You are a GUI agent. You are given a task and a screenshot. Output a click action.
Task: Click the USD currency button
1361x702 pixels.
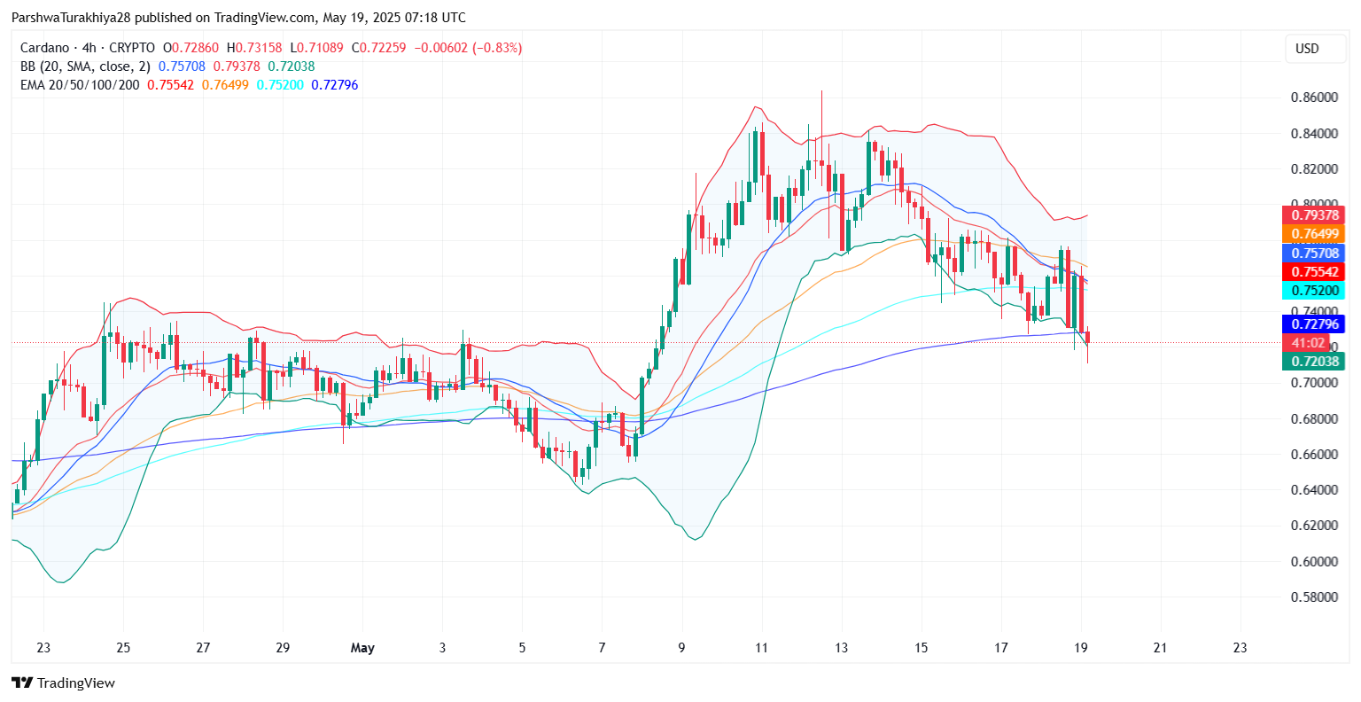pyautogui.click(x=1307, y=49)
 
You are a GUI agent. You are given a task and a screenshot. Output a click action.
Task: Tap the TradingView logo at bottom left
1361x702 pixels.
pyautogui.click(x=63, y=682)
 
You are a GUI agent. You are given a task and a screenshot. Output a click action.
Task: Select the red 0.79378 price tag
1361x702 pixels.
pyautogui.click(x=1313, y=215)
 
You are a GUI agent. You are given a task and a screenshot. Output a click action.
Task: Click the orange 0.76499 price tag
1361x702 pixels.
pyautogui.click(x=1313, y=234)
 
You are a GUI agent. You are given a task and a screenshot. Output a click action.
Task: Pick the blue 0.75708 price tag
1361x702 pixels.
pyautogui.click(x=1313, y=253)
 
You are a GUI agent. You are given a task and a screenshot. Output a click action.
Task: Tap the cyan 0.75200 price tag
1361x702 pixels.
pyautogui.click(x=1313, y=291)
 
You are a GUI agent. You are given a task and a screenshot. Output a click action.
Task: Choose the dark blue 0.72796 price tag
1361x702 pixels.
pyautogui.click(x=1313, y=324)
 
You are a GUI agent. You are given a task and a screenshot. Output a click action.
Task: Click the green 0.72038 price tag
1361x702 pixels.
pyautogui.click(x=1313, y=362)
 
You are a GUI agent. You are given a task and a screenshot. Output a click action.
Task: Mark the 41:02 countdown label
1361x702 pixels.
pyautogui.click(x=1308, y=343)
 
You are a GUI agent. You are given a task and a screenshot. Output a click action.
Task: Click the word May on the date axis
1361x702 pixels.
pyautogui.click(x=362, y=648)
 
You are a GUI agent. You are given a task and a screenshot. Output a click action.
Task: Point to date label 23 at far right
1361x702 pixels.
pyautogui.click(x=1240, y=648)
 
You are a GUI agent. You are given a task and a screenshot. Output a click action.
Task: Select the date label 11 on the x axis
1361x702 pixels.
pyautogui.click(x=761, y=648)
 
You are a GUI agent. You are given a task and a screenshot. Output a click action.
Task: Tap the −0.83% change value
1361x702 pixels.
pyautogui.click(x=498, y=48)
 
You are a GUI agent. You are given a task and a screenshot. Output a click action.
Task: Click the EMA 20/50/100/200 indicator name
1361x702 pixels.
pyautogui.click(x=80, y=85)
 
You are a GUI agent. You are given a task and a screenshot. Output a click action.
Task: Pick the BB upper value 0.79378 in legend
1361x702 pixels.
pyautogui.click(x=237, y=66)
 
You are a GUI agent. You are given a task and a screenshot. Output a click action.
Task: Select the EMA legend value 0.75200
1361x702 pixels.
pyautogui.click(x=280, y=85)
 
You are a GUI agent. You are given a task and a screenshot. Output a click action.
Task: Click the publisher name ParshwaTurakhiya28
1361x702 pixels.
pyautogui.click(x=71, y=18)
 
